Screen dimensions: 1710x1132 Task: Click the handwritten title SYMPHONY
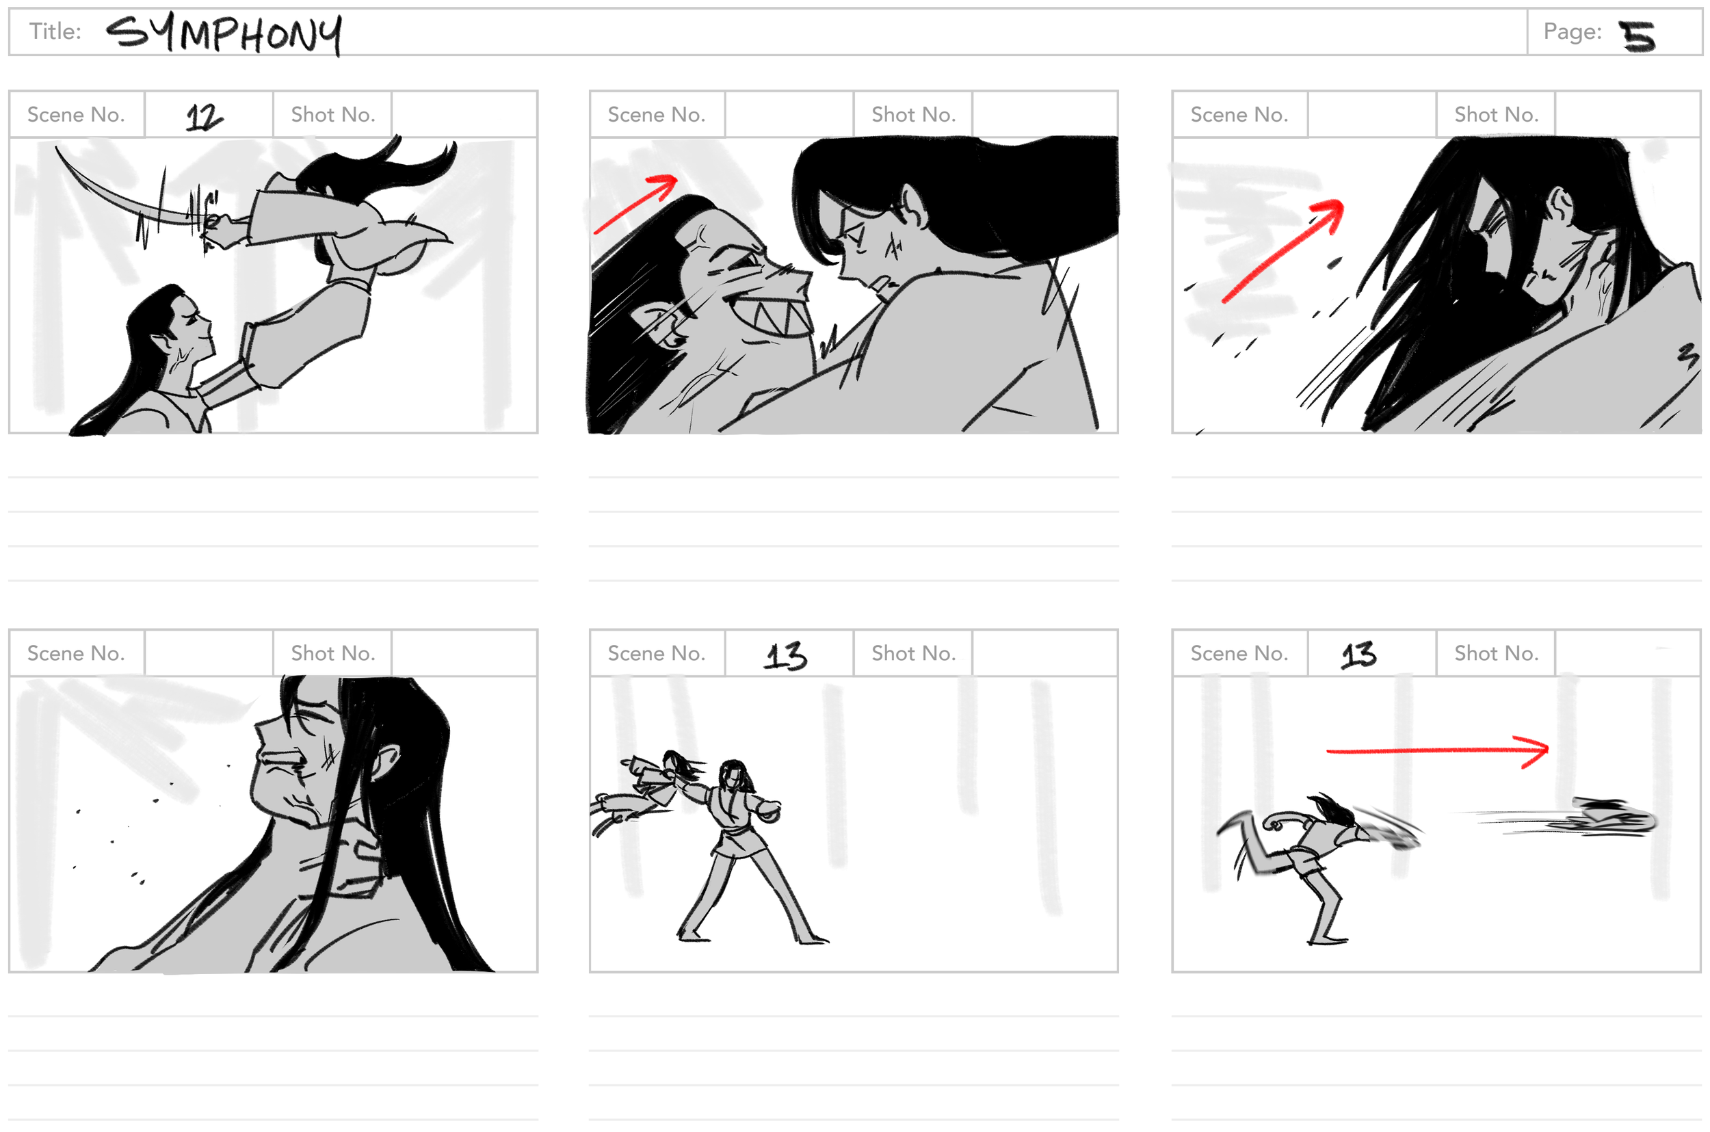pyautogui.click(x=224, y=34)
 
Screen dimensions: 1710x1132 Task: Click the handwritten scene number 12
pyautogui.click(x=205, y=116)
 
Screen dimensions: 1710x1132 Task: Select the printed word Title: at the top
pyautogui.click(x=55, y=31)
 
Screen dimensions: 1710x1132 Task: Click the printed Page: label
pyautogui.click(x=1572, y=31)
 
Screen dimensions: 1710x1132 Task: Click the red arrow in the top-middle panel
pyautogui.click(x=636, y=204)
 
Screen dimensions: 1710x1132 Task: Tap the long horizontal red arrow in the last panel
pyautogui.click(x=1436, y=752)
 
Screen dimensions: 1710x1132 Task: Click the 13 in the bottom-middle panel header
pyautogui.click(x=785, y=655)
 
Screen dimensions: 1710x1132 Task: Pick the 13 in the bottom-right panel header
pyautogui.click(x=1358, y=655)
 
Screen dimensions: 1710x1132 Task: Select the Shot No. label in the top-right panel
pyautogui.click(x=1496, y=114)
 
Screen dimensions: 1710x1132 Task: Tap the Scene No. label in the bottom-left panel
pyautogui.click(x=76, y=653)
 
